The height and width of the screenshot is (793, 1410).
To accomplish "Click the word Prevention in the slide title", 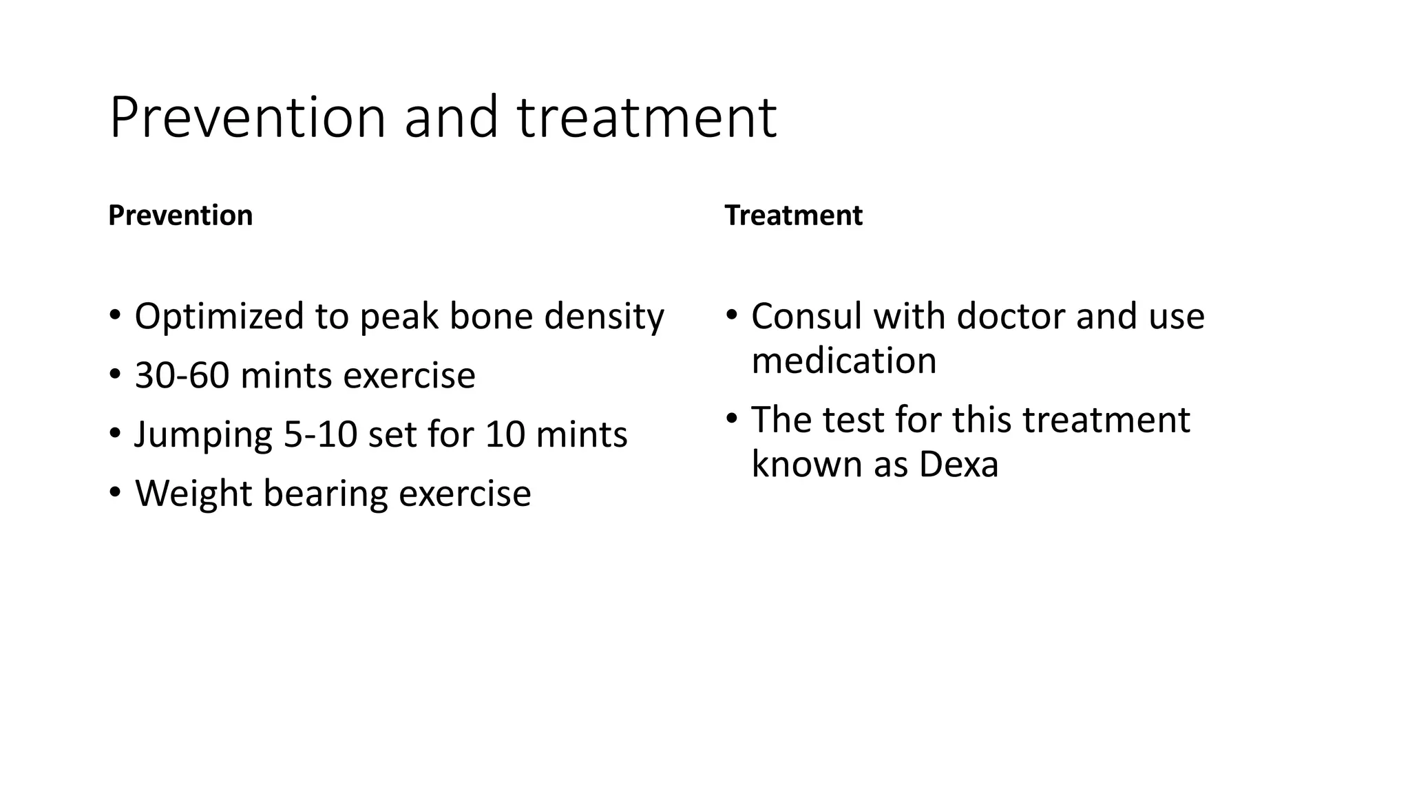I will (247, 118).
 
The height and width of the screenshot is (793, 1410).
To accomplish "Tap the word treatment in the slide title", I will (646, 118).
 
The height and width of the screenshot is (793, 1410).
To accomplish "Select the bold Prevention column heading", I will (180, 215).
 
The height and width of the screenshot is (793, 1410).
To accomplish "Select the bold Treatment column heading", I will (793, 215).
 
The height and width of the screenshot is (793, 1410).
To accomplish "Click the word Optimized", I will (219, 317).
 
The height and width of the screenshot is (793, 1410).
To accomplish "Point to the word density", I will (604, 317).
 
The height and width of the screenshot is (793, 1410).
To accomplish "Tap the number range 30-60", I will (182, 376).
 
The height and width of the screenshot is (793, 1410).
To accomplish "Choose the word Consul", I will (806, 317).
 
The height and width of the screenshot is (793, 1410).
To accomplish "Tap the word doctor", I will (1010, 317).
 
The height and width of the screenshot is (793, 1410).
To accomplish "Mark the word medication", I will (843, 361).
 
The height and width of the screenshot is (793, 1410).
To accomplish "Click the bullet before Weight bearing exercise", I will (115, 493).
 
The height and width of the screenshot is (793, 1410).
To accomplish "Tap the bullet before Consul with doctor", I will (731, 316).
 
